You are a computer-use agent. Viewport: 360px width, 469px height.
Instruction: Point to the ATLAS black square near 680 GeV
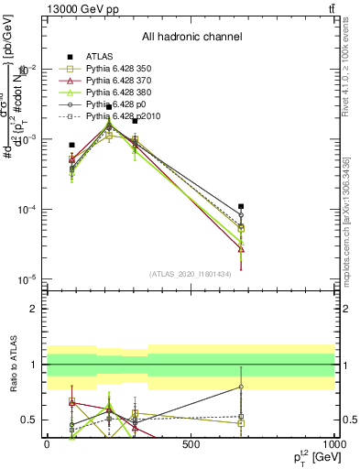tap(241, 207)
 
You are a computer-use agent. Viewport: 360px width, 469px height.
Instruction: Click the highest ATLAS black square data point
tap(109, 107)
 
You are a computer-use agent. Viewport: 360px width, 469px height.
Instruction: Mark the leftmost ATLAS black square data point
tap(71, 145)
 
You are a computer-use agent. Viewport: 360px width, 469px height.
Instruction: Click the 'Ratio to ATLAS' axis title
tap(13, 365)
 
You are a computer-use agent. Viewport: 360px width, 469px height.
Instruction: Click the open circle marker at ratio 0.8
tap(241, 387)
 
